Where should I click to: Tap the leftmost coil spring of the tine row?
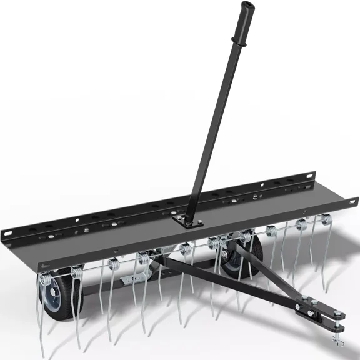tap(77, 272)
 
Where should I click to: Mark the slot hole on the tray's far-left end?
tap(9, 233)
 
